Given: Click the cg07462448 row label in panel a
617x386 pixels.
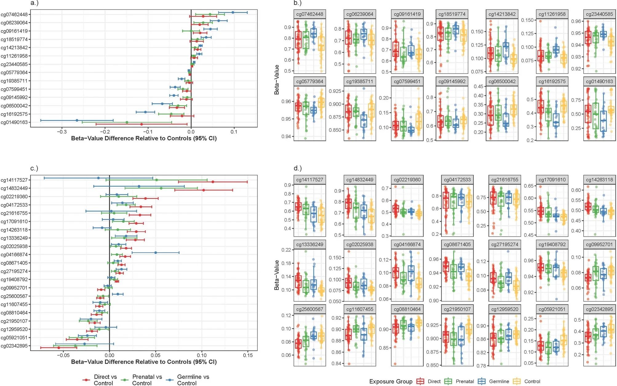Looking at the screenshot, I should pyautogui.click(x=14, y=14).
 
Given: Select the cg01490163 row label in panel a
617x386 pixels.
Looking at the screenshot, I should pyautogui.click(x=14, y=122).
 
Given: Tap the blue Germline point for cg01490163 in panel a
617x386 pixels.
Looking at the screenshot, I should pyautogui.click(x=77, y=120).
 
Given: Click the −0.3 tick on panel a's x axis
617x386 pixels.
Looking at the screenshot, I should pyautogui.click(x=62, y=132).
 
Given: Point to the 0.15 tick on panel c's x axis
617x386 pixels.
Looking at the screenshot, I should pyautogui.click(x=248, y=355).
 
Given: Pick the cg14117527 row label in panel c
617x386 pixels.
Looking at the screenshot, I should pyautogui.click(x=14, y=180).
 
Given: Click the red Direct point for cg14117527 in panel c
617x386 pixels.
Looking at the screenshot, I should pyautogui.click(x=213, y=182).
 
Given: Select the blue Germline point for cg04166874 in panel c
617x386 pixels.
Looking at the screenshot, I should pyautogui.click(x=156, y=253).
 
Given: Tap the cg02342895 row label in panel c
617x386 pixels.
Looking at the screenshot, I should pyautogui.click(x=14, y=346).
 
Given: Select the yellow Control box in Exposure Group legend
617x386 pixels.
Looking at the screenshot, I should pyautogui.click(x=517, y=381).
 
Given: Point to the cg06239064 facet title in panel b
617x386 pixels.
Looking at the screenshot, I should pyautogui.click(x=360, y=14).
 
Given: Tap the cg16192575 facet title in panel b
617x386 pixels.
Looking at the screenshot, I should pyautogui.click(x=552, y=81).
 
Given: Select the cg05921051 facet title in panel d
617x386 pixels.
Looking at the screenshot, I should pyautogui.click(x=552, y=309).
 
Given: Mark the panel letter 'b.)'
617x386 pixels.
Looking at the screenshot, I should pyautogui.click(x=297, y=3).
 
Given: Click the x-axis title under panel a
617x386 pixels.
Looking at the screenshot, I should pyautogui.click(x=144, y=138).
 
